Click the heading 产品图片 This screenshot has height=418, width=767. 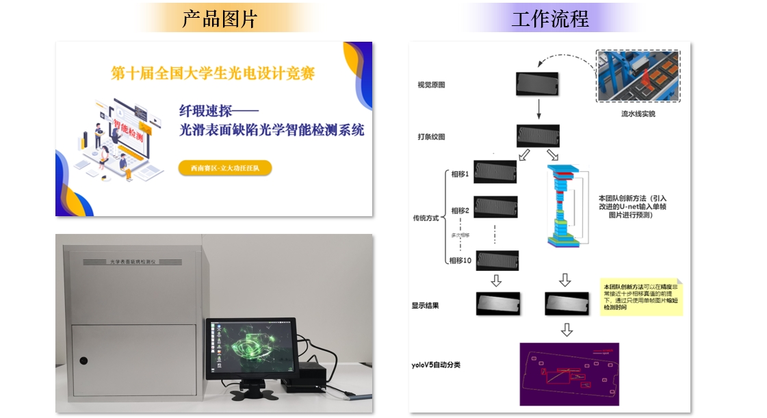tap(219, 18)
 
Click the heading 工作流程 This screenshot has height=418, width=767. tap(550, 18)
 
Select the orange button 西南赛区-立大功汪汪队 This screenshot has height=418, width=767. tap(224, 168)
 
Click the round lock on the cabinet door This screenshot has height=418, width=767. tap(83, 361)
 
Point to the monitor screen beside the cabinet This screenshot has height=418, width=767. tap(250, 347)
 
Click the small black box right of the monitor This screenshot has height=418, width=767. tap(312, 379)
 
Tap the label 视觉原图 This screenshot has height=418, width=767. tap(431, 86)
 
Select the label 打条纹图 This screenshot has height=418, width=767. tap(431, 137)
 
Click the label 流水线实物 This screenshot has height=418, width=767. tap(638, 114)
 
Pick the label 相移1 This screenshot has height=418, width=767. tap(459, 174)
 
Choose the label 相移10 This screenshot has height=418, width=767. tap(461, 260)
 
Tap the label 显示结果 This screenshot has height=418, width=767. tap(425, 305)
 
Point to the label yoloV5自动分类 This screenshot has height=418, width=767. tap(436, 365)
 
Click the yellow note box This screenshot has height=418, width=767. tap(641, 296)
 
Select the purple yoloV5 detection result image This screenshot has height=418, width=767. tap(569, 374)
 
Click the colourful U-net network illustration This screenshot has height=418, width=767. tap(564, 205)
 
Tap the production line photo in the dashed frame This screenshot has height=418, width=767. tap(638, 76)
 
